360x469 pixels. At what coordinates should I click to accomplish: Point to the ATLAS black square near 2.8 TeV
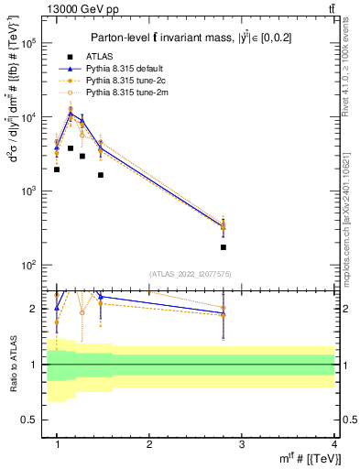pyautogui.click(x=224, y=247)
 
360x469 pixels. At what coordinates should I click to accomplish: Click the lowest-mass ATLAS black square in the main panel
pyautogui.click(x=57, y=169)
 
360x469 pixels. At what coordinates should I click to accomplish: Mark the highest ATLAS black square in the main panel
pyautogui.click(x=71, y=147)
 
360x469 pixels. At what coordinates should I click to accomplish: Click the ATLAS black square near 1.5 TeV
pyautogui.click(x=101, y=175)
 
